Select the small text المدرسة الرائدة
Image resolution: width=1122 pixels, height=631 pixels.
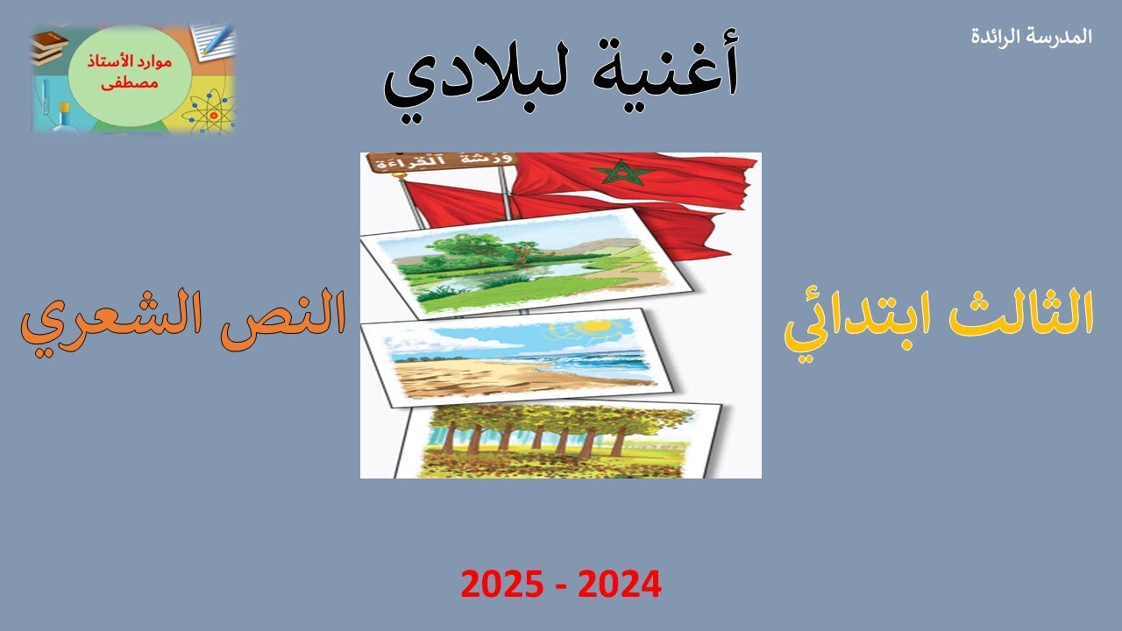point(1033,37)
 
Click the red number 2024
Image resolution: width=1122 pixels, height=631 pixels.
point(618,584)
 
